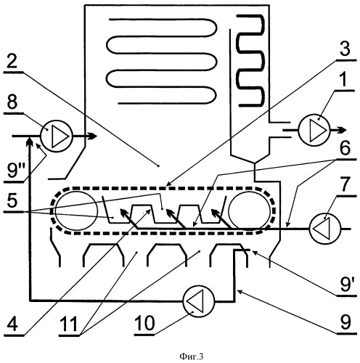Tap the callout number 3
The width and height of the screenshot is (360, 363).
tap(344, 48)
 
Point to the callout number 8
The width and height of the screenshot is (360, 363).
tap(12, 102)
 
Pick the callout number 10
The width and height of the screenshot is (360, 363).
tap(144, 323)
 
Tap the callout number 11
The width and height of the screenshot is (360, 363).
tap(69, 324)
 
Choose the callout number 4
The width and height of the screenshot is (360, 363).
tap(12, 324)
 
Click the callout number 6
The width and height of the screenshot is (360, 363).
tap(345, 148)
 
